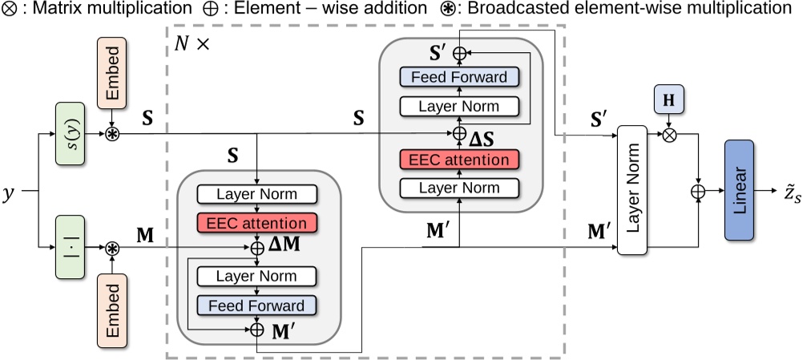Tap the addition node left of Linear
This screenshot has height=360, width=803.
click(698, 191)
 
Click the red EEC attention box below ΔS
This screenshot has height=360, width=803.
click(460, 160)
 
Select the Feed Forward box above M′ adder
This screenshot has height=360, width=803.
click(256, 305)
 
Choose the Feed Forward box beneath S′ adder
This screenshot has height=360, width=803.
click(460, 77)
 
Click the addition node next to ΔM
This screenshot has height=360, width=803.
click(257, 249)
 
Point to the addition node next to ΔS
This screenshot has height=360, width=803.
click(460, 133)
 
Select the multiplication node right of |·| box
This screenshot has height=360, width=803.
click(112, 249)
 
